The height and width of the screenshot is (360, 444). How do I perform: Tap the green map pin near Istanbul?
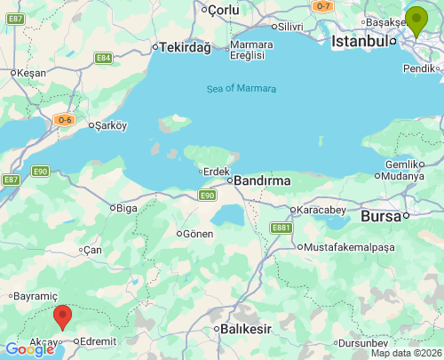416,20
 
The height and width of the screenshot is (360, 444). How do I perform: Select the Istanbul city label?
360,41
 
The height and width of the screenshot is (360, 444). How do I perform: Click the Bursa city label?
380,216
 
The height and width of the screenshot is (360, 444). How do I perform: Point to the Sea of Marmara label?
241,88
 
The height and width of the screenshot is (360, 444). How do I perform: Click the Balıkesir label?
245,329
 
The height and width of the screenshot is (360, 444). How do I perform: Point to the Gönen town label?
198,234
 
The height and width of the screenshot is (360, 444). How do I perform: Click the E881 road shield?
281,228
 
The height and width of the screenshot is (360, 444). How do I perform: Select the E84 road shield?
103,58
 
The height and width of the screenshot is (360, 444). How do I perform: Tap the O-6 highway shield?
63,120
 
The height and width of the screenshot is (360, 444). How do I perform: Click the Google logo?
29,349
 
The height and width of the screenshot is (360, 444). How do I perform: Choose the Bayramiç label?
36,295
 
